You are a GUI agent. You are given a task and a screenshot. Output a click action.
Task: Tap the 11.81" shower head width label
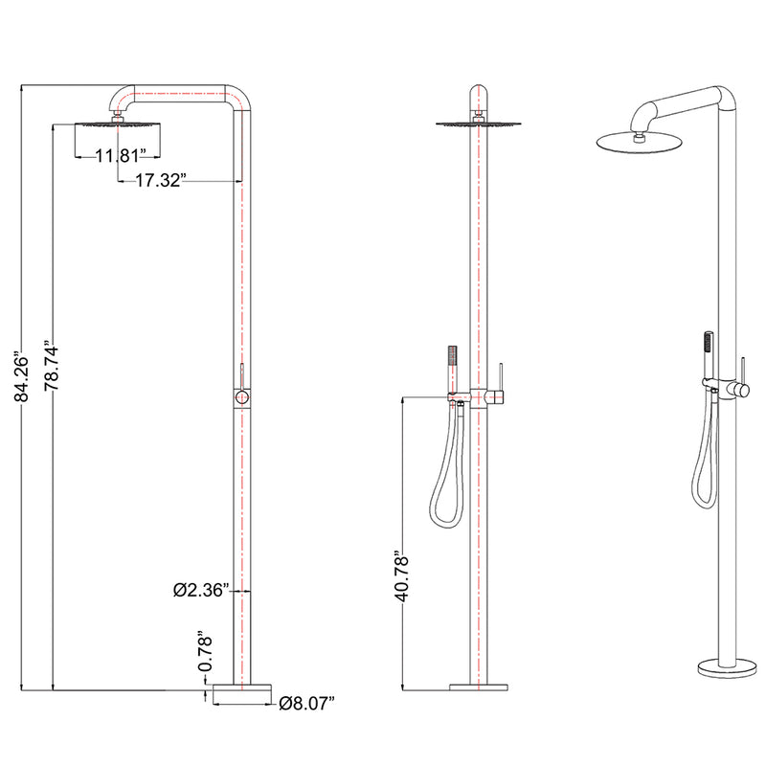[x=119, y=154]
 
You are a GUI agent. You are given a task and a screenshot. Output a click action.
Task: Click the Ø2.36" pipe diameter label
[x=199, y=591]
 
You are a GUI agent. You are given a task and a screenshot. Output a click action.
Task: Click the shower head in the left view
[x=116, y=124]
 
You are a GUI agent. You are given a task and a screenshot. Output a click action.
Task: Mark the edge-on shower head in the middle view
[x=477, y=123]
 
